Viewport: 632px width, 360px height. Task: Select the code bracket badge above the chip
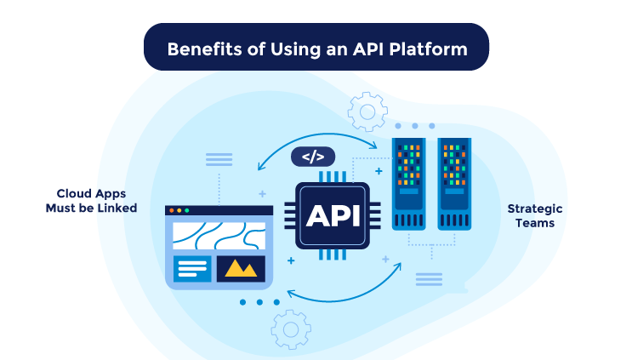(x=313, y=157)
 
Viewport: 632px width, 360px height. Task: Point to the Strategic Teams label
(x=534, y=215)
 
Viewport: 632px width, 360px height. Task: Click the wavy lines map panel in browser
(x=219, y=235)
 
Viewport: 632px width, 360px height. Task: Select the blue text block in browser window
(x=192, y=268)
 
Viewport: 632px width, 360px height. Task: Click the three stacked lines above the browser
(x=219, y=159)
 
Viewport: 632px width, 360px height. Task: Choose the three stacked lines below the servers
(x=428, y=278)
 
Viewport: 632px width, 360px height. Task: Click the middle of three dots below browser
(x=259, y=302)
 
